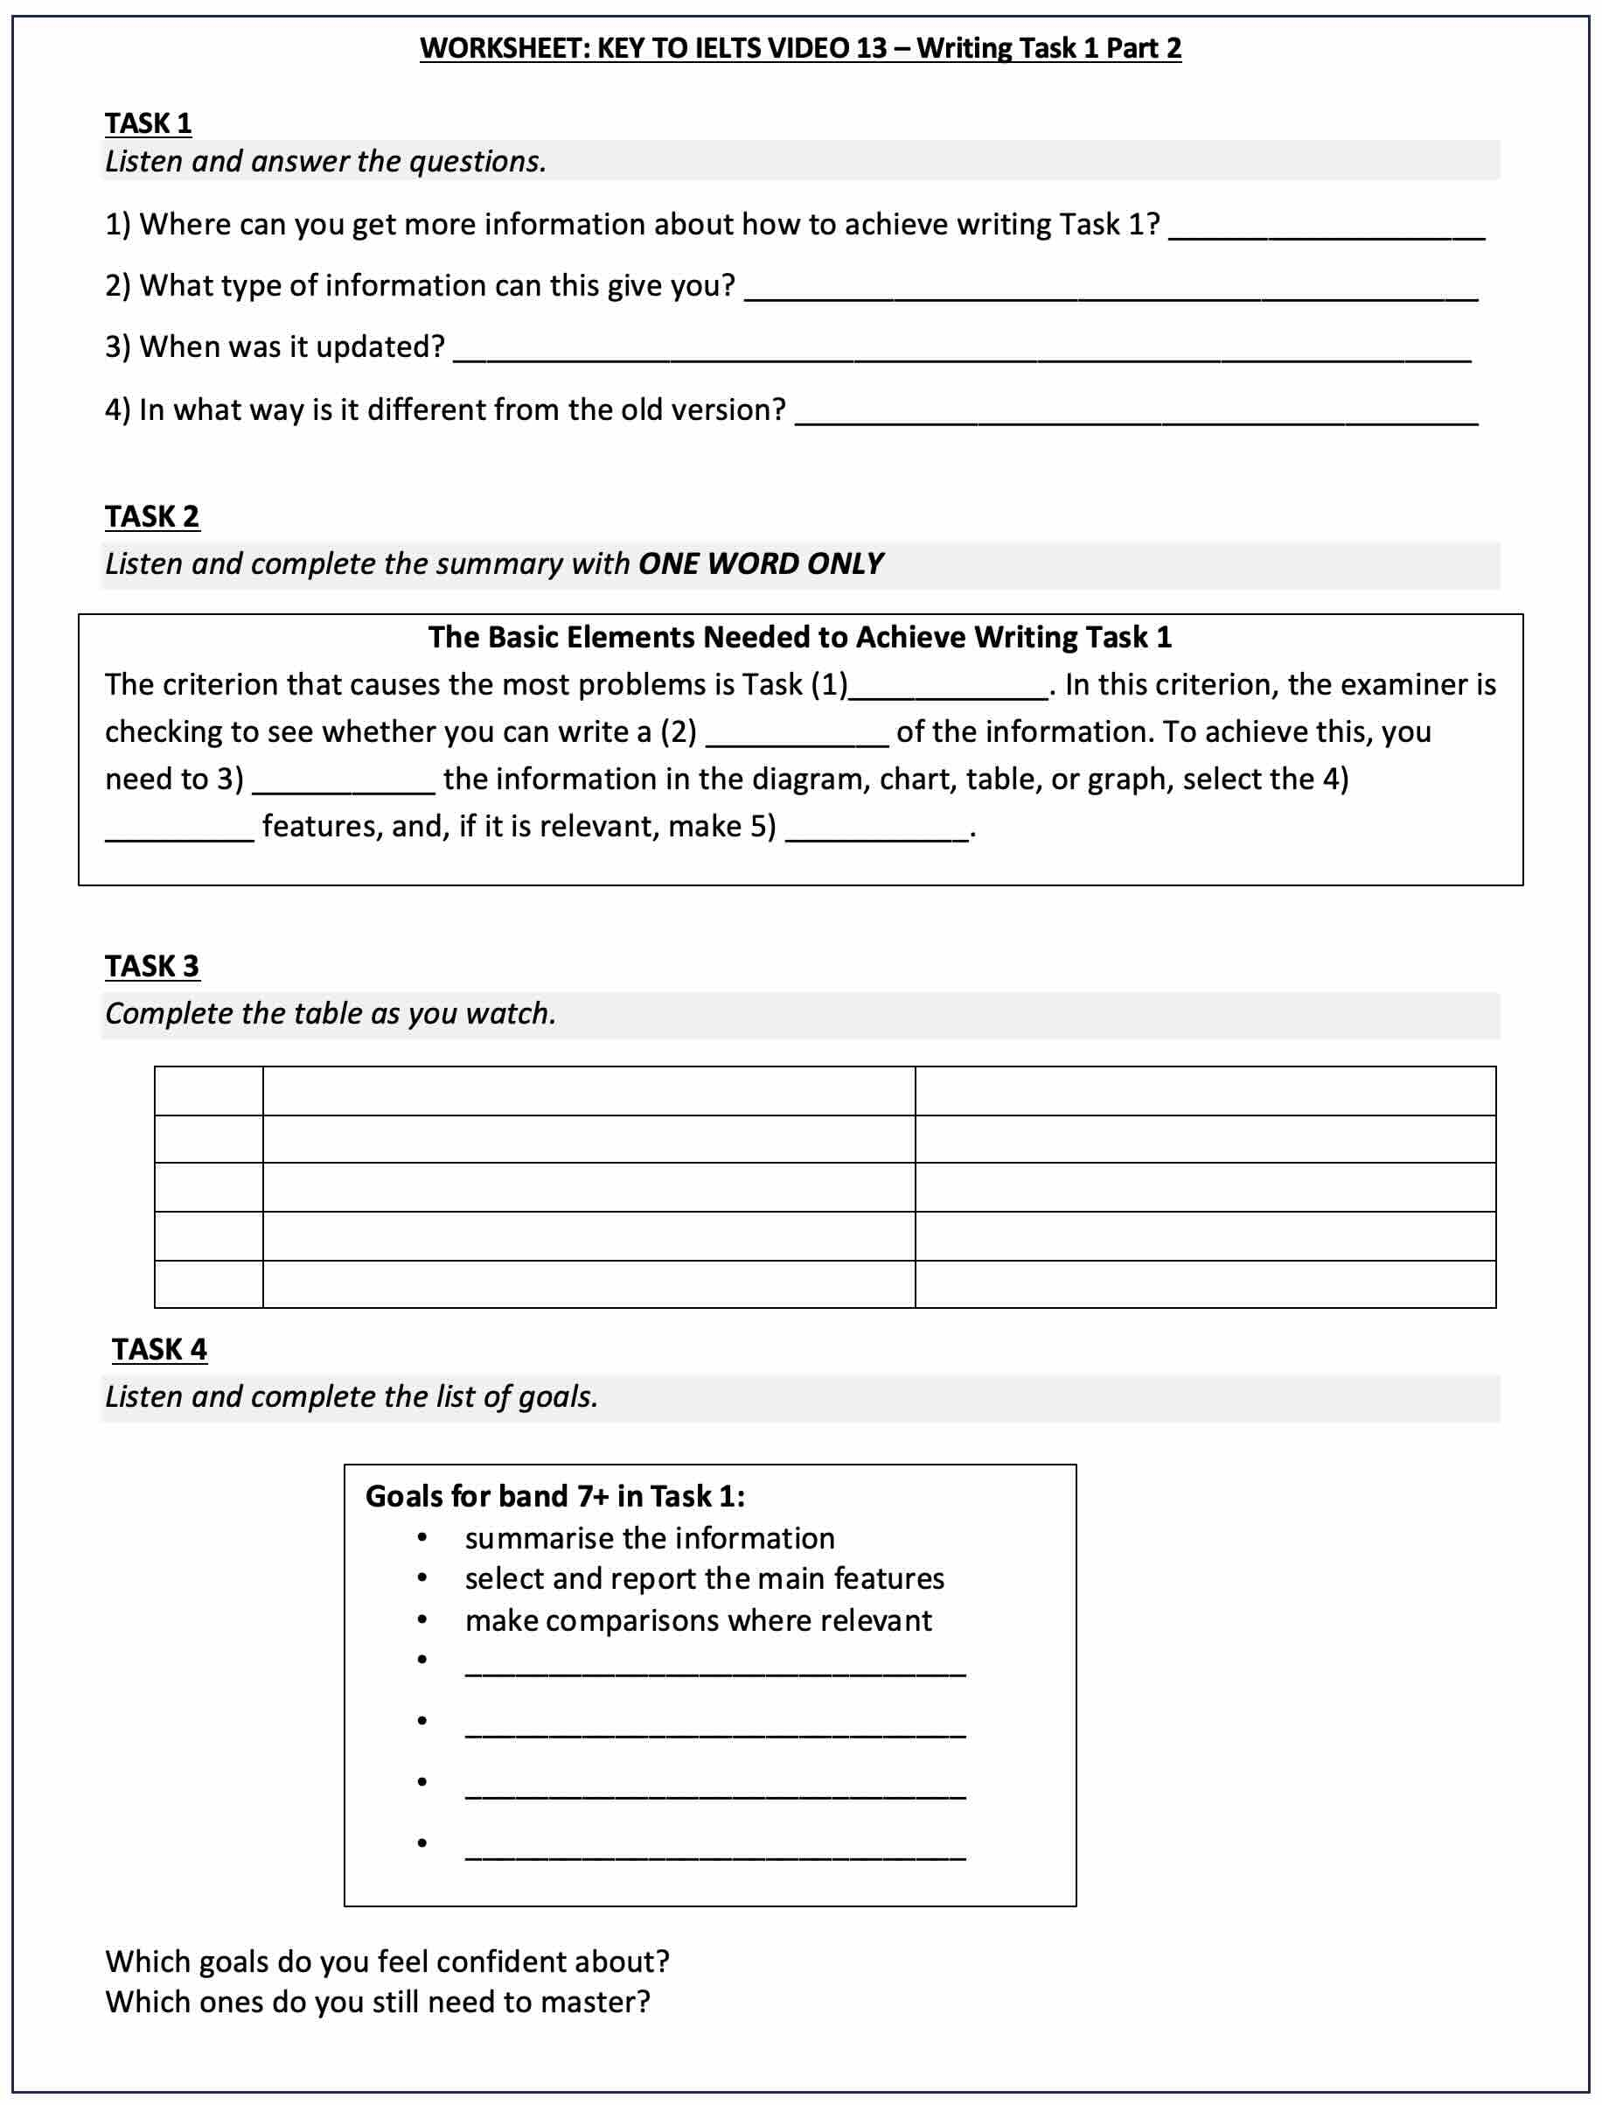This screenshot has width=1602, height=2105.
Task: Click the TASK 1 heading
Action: (148, 123)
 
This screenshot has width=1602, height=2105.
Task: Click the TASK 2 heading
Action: (151, 516)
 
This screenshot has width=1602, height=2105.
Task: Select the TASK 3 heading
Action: (151, 966)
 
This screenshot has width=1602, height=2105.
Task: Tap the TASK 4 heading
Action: (158, 1350)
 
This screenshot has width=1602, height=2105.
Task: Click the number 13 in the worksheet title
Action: (871, 48)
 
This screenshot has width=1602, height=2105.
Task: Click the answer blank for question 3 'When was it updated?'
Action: (961, 351)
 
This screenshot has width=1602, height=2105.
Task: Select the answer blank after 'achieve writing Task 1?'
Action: (1327, 229)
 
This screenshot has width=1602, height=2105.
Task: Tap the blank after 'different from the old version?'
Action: (1136, 414)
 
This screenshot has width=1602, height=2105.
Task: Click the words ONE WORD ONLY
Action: (760, 563)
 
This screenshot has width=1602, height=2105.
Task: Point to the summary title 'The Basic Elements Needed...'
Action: (799, 637)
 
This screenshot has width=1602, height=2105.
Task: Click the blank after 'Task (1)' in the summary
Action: (949, 689)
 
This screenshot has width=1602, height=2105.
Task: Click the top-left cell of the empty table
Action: (208, 1091)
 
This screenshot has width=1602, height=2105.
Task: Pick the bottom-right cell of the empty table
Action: (1204, 1283)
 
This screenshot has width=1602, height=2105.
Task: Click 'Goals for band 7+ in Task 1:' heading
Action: (554, 1496)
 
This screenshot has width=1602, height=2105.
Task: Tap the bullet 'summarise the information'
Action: (650, 1538)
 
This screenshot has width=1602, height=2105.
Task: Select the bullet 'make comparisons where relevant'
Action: (698, 1620)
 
